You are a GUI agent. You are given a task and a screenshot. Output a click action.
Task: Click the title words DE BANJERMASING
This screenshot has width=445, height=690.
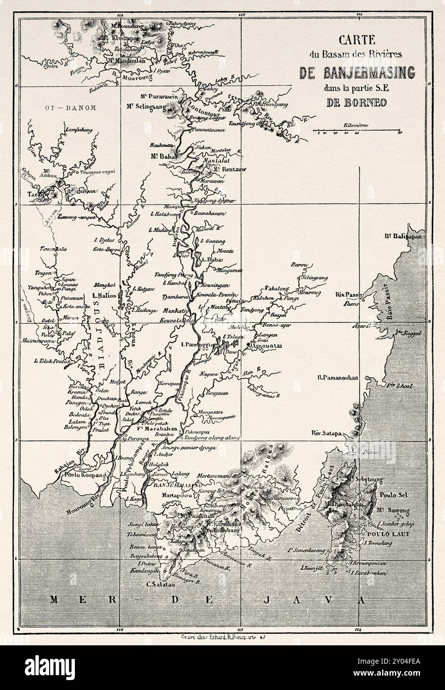[x=357, y=73]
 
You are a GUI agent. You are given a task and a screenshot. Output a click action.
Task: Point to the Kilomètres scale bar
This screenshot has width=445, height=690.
[x=357, y=132]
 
